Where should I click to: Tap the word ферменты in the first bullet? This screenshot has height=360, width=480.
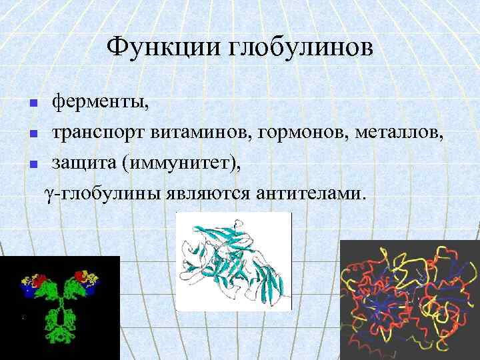click(x=101, y=103)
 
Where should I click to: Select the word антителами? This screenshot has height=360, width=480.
click(x=308, y=193)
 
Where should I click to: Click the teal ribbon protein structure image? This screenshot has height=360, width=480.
click(x=233, y=261)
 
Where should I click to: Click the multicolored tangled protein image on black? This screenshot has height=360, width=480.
click(x=409, y=300)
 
